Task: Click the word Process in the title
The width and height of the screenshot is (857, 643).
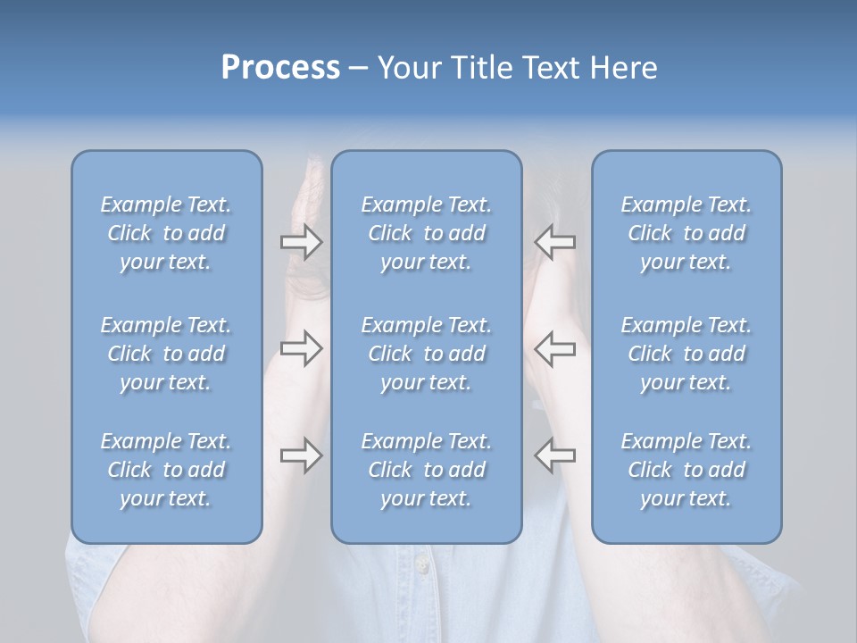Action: (280, 68)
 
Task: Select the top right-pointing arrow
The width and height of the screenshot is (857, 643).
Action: (301, 242)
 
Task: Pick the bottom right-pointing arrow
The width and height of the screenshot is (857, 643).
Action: (301, 455)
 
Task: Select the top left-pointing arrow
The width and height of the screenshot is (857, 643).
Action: (555, 242)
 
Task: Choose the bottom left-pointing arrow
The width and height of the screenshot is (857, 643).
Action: (555, 455)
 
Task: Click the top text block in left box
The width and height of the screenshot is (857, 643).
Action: (166, 233)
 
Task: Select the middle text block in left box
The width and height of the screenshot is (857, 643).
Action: (166, 354)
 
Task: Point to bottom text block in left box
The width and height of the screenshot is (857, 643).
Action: (166, 470)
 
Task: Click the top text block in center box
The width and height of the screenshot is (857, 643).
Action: (426, 233)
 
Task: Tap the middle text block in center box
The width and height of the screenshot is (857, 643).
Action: (426, 354)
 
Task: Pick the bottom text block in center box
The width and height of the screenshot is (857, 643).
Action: (426, 470)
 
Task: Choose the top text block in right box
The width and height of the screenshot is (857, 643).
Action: (686, 233)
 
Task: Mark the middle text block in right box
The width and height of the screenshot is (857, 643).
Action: (686, 354)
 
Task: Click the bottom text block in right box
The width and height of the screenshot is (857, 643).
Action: (686, 470)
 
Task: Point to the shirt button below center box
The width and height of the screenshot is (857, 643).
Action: (421, 564)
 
